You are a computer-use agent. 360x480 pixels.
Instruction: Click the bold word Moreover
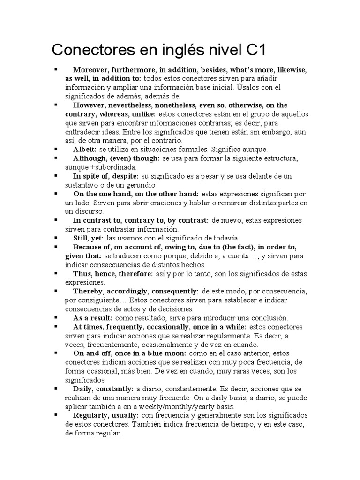(91, 70)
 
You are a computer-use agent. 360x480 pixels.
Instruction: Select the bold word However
(90, 105)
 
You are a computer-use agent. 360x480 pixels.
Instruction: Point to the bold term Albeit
(84, 149)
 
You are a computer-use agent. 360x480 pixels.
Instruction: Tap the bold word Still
(81, 238)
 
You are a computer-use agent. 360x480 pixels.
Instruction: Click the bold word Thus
(82, 273)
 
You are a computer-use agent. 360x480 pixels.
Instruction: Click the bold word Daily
(83, 389)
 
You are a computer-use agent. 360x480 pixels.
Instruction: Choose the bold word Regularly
(91, 416)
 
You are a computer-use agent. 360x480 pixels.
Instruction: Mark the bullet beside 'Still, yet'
(56, 237)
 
